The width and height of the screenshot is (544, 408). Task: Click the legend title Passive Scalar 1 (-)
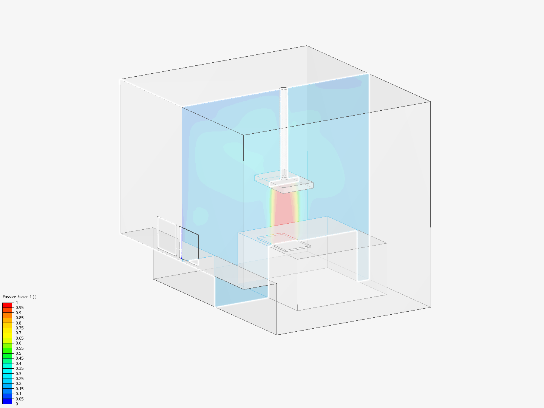(x=20, y=297)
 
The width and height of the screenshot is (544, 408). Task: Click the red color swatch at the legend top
(x=7, y=305)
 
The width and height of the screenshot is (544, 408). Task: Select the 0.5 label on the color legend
(x=19, y=353)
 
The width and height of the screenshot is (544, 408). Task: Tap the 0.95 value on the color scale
(x=20, y=308)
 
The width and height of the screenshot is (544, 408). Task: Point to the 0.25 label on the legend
(x=20, y=379)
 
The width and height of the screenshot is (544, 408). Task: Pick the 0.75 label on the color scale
(x=20, y=328)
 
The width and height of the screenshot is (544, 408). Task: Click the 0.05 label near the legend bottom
(x=20, y=399)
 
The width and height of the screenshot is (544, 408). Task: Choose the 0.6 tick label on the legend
(x=19, y=343)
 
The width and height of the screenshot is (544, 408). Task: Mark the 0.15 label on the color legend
(x=20, y=389)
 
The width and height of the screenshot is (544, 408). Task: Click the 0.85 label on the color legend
(x=20, y=318)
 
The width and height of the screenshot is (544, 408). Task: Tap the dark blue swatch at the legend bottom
(x=7, y=401)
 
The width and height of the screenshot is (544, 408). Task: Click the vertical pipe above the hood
(x=283, y=132)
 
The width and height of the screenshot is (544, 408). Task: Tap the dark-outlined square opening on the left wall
(x=189, y=246)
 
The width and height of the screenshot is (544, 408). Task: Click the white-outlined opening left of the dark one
(x=167, y=236)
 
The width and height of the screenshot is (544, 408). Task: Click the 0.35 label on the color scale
(x=20, y=368)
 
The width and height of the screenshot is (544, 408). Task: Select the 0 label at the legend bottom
(x=17, y=404)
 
